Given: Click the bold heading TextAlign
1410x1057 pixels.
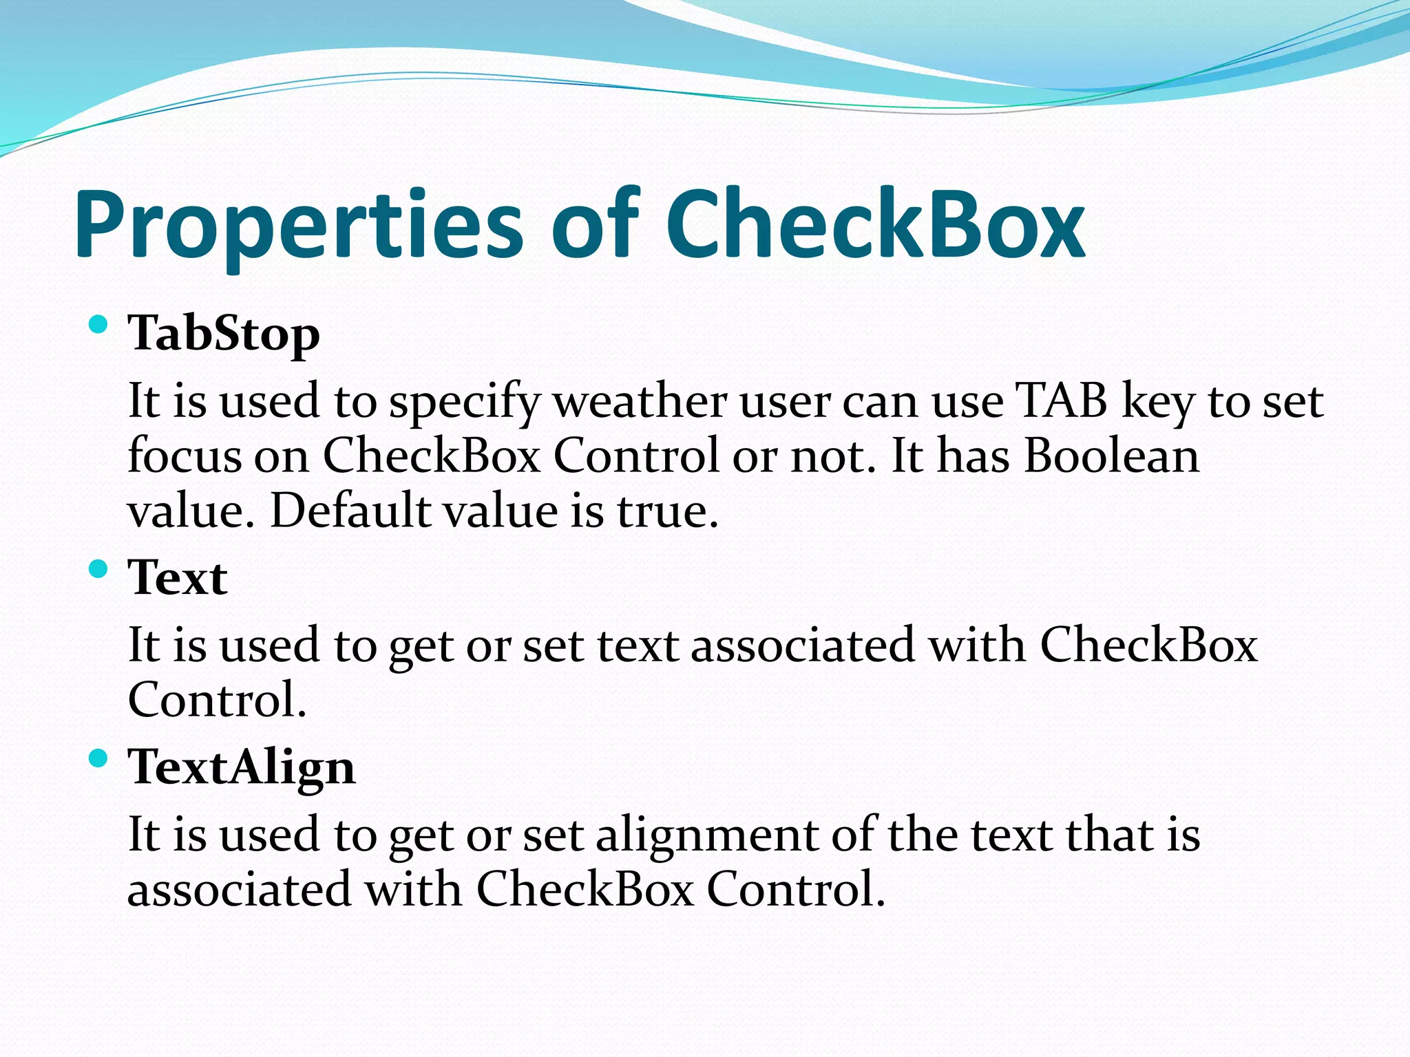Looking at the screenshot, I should tap(242, 768).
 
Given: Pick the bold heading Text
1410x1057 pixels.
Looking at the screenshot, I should tap(178, 578).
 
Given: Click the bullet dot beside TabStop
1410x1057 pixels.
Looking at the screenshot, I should tap(99, 324).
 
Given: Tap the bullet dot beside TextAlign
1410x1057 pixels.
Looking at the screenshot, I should tap(99, 758).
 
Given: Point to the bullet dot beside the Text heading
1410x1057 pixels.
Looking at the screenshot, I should tap(99, 568).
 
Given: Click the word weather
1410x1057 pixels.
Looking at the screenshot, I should tap(640, 401).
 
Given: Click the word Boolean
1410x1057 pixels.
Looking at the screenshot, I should tap(1111, 456).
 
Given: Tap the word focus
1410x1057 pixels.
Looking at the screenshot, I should tap(185, 456).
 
